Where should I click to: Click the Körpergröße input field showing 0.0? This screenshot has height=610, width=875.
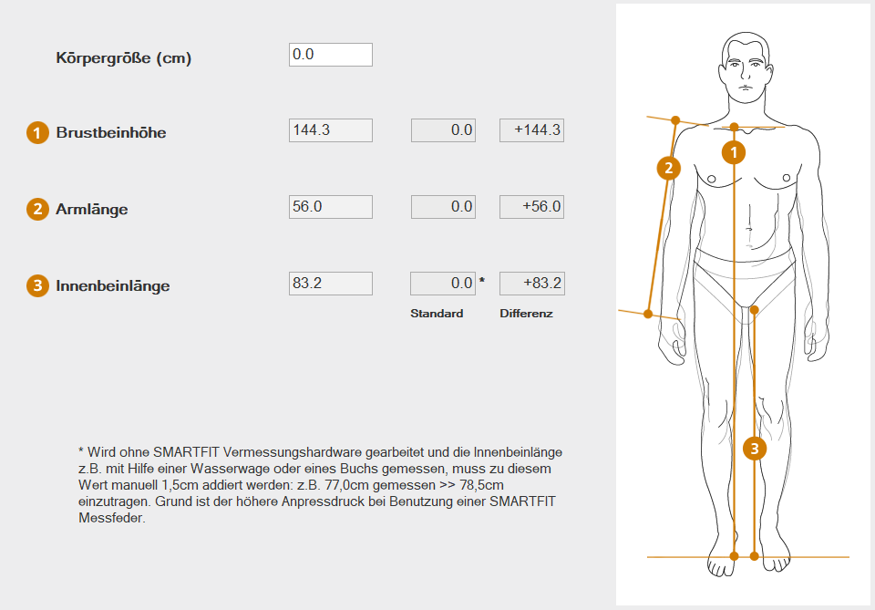pyautogui.click(x=330, y=55)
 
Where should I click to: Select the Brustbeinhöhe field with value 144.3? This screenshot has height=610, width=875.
pyautogui.click(x=330, y=130)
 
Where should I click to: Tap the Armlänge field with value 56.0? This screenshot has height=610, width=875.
pyautogui.click(x=330, y=207)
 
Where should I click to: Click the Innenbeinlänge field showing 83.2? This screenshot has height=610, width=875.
pyautogui.click(x=330, y=284)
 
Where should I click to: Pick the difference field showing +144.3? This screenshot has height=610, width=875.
pyautogui.click(x=531, y=130)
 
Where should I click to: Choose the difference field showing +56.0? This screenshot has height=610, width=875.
pyautogui.click(x=531, y=207)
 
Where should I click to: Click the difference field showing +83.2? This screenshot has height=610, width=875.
pyautogui.click(x=531, y=284)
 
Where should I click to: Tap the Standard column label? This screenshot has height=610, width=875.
pyautogui.click(x=437, y=314)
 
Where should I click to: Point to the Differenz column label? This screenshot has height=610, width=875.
pyautogui.click(x=526, y=314)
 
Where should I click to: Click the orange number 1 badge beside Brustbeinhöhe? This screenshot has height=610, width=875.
pyautogui.click(x=37, y=133)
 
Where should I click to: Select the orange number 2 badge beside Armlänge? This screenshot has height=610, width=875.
pyautogui.click(x=37, y=210)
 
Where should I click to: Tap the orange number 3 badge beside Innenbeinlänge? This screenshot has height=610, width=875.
pyautogui.click(x=37, y=285)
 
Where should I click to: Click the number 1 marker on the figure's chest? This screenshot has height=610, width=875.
pyautogui.click(x=734, y=151)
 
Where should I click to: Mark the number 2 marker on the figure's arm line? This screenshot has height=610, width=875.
pyautogui.click(x=668, y=168)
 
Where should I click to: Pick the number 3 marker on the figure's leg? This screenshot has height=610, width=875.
pyautogui.click(x=755, y=448)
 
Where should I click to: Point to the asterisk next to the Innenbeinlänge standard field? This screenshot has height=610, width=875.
pyautogui.click(x=482, y=280)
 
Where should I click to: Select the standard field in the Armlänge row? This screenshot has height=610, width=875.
pyautogui.click(x=443, y=207)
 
